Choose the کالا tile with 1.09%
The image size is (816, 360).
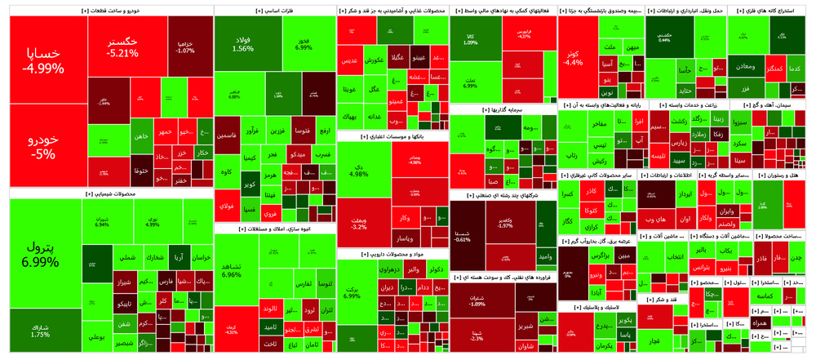click(x=471, y=40)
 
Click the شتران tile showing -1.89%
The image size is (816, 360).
click(x=477, y=301)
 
